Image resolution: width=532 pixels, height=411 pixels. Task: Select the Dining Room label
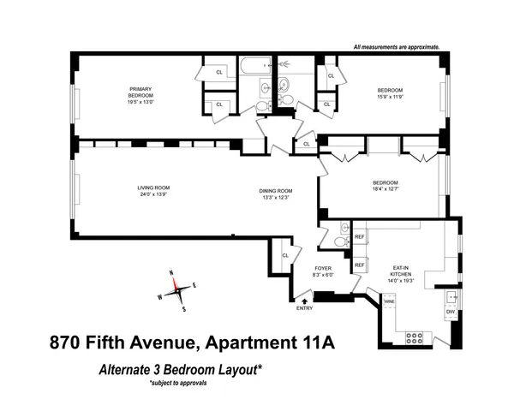278,190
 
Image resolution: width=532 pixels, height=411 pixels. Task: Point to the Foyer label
323,270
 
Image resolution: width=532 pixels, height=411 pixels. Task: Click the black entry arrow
304,300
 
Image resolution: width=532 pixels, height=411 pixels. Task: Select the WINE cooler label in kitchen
388,301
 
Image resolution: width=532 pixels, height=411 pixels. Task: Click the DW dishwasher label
450,313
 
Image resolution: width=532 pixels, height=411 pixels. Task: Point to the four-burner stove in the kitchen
414,336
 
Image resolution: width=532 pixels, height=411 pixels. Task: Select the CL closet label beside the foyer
286,253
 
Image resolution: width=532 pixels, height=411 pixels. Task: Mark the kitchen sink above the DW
451,296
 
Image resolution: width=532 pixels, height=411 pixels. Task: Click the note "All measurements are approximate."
397,46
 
